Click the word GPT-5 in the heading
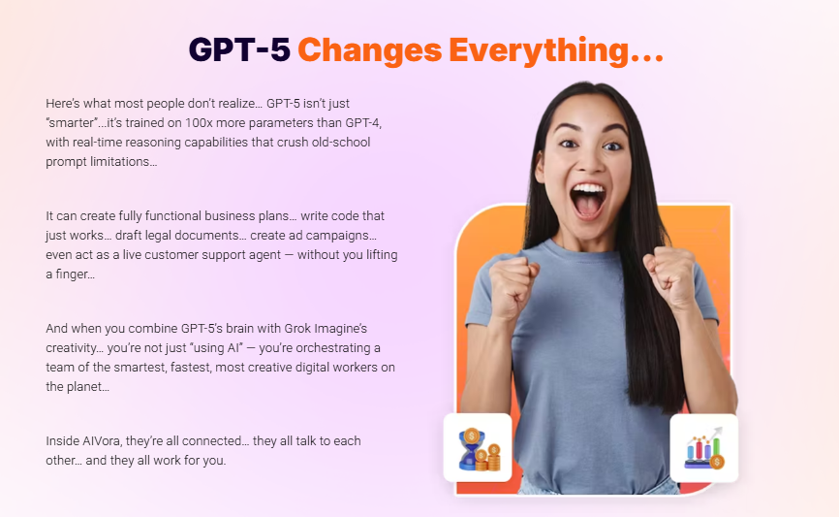[x=239, y=49]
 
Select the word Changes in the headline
[x=370, y=51]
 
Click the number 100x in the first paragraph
[x=199, y=122]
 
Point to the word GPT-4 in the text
[x=361, y=122]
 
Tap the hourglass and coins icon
[x=479, y=449]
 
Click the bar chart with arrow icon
[x=704, y=448]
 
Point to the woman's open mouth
[x=587, y=202]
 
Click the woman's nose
[x=590, y=162]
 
